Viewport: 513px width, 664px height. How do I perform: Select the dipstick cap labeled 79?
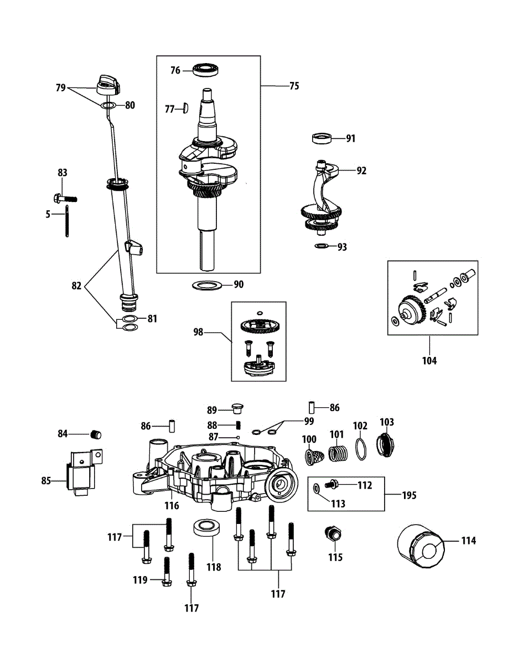108,84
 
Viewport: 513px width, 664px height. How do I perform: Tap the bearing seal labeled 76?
206,70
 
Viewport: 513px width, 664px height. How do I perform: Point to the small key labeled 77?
185,109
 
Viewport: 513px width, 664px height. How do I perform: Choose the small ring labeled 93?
321,246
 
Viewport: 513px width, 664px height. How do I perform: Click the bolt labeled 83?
65,198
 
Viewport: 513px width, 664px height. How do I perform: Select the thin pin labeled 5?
66,220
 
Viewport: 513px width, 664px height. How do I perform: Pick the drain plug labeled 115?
333,536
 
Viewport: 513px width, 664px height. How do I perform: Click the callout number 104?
429,361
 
